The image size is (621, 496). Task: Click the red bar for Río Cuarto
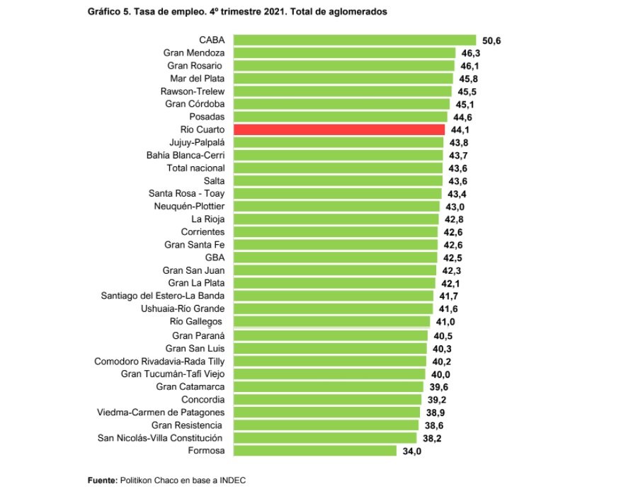tap(338, 129)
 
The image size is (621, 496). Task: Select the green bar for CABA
tap(354, 40)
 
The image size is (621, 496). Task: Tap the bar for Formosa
tap(314, 450)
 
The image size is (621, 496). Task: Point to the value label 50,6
tap(491, 41)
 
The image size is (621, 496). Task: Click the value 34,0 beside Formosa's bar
tap(412, 451)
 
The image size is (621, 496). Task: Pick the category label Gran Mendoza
tap(194, 53)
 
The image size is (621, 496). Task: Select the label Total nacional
tap(195, 168)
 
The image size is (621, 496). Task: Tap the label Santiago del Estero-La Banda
tap(163, 296)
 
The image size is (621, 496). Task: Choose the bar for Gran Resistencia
tap(325, 425)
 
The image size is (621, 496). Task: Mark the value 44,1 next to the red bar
tap(460, 130)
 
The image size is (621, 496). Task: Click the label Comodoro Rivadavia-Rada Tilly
tap(159, 361)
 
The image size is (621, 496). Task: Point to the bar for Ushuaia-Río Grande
tap(333, 308)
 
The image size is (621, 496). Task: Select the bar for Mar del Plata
tap(343, 79)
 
